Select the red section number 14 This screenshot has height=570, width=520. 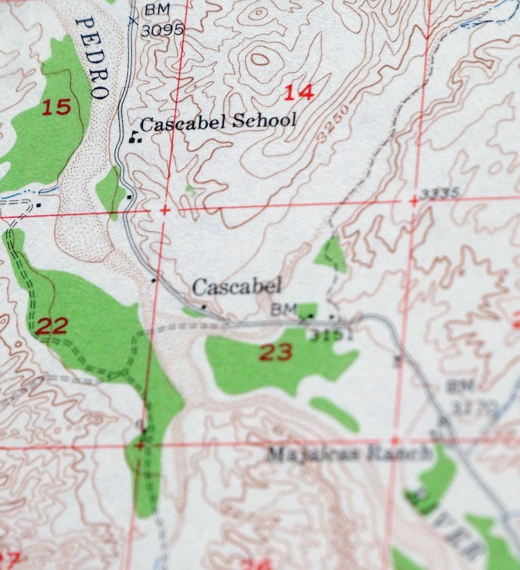pos(299,92)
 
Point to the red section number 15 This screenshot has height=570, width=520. pos(57,107)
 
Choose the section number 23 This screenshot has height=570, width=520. pos(276,352)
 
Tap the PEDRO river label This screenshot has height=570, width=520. pos(92,58)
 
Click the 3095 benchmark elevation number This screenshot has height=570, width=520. pos(162,29)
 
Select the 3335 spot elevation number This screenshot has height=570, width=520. pos(438,194)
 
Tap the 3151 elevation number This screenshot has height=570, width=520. pos(332,335)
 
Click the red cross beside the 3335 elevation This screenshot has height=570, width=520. pos(413,201)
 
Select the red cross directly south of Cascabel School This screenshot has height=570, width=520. pos(165,211)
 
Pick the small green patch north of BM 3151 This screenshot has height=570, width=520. pos(331,254)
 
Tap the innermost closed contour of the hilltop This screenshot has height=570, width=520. pos(259,59)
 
